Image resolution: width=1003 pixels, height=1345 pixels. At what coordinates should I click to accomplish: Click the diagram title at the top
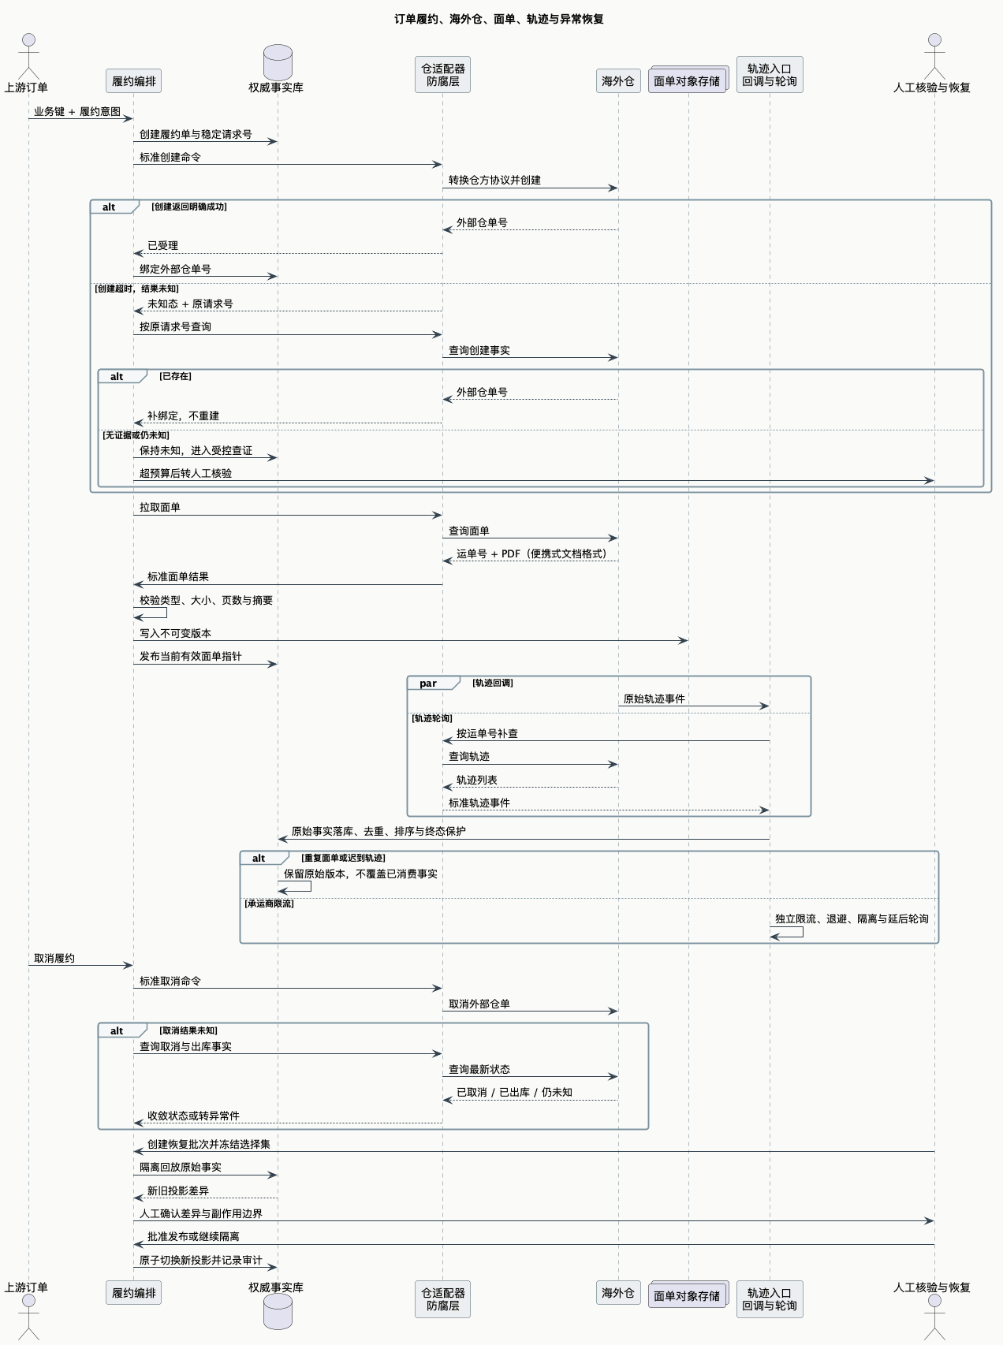coord(499,19)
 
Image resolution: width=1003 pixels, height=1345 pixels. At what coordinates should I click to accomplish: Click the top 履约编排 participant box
coord(134,81)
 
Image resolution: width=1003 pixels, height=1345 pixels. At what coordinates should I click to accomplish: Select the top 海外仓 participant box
coord(618,81)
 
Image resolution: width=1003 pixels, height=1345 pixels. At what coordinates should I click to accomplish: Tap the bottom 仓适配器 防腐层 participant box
coord(443,1299)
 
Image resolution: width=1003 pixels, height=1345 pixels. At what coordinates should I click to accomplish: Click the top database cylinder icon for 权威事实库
coord(278,61)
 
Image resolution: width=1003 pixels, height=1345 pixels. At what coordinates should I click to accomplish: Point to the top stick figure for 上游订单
coord(29,56)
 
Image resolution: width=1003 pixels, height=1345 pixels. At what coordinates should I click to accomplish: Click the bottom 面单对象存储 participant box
coord(688,1295)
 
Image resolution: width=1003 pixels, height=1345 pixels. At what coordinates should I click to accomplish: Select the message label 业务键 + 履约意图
coord(77,112)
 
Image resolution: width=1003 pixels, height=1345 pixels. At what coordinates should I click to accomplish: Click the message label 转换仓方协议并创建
coord(495,181)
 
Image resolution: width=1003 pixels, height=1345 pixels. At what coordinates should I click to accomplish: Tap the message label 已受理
coord(163,246)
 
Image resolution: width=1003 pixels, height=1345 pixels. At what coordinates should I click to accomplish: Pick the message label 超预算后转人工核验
coord(186,474)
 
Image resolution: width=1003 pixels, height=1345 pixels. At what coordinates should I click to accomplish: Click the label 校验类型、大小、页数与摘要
coord(207,601)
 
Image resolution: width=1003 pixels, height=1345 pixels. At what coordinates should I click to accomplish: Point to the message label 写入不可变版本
coord(176,634)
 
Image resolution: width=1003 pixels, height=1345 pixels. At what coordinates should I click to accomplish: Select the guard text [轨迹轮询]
coord(432,718)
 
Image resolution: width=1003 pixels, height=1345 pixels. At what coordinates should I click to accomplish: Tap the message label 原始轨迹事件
coord(654,699)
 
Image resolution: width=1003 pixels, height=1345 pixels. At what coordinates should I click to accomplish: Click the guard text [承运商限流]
coord(269,903)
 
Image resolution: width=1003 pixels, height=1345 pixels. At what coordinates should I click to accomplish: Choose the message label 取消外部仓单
coord(479,1004)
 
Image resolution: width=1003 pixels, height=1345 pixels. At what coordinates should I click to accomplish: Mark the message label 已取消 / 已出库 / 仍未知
coord(515,1093)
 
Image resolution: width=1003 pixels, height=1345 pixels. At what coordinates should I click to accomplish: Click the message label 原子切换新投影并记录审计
coord(201,1261)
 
